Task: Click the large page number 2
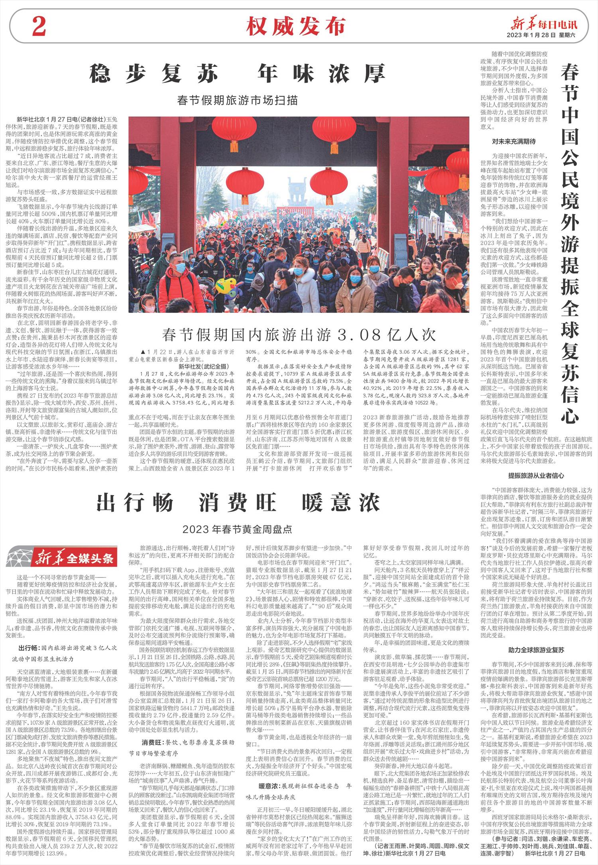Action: coord(38,28)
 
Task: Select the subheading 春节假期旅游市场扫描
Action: coord(238,100)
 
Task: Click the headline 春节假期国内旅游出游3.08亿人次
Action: coord(299,334)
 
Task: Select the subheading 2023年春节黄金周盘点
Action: coord(238,529)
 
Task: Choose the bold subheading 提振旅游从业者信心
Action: coord(536,475)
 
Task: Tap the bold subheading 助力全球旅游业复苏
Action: coord(536,650)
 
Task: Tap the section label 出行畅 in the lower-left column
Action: coord(29,647)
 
